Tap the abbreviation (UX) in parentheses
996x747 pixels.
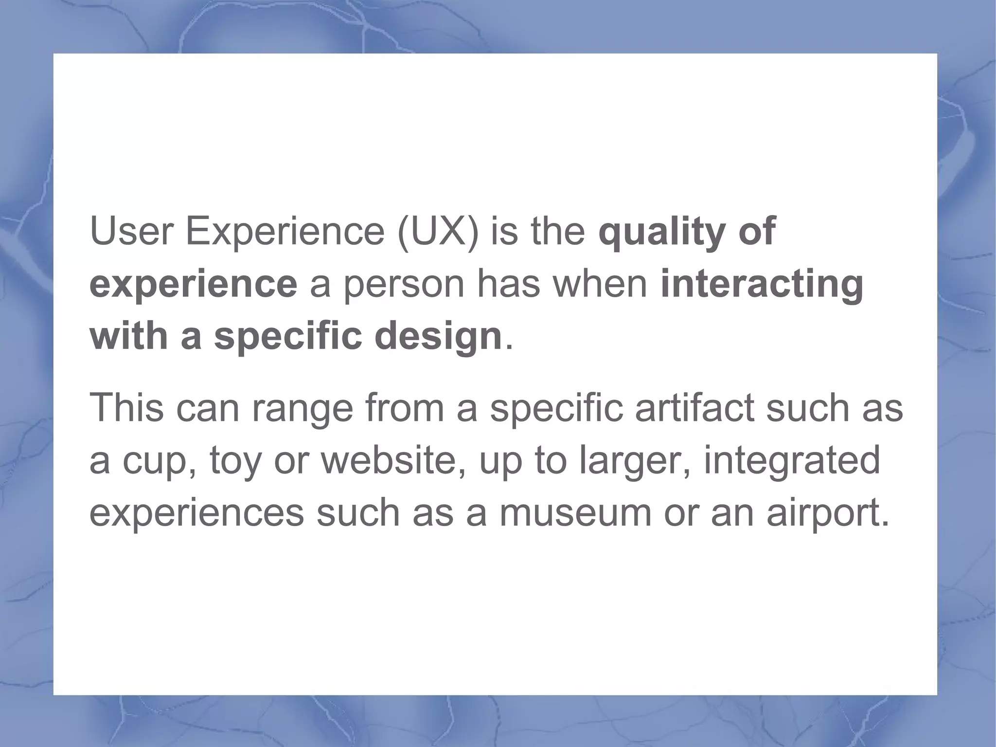[438, 232]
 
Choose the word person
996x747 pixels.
[403, 285]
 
